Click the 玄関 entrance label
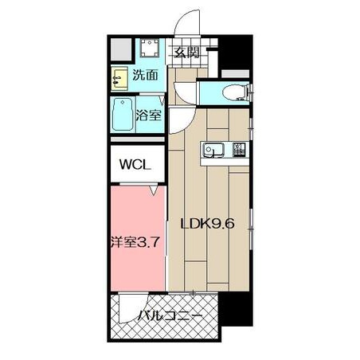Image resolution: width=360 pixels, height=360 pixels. (186, 53)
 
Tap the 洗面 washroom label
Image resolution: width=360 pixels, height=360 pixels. (145, 75)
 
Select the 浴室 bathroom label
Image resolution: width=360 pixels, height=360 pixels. (149, 115)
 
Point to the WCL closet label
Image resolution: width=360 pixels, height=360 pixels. (135, 165)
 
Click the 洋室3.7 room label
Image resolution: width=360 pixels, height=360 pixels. (135, 242)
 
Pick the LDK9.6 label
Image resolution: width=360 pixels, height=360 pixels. (207, 224)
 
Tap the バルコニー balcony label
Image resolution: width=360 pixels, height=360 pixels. (170, 315)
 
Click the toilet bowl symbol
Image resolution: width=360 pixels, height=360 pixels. (236, 93)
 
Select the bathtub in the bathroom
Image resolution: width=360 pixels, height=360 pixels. (123, 115)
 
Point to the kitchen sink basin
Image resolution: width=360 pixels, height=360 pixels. (213, 151)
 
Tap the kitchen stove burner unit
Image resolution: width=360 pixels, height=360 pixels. (239, 150)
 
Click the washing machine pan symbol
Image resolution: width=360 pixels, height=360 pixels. (150, 48)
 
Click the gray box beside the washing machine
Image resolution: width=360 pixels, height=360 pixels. (121, 49)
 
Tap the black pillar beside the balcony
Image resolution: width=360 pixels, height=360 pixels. (235, 310)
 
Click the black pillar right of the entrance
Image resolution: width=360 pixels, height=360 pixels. (235, 52)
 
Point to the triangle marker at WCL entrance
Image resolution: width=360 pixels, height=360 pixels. (153, 190)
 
